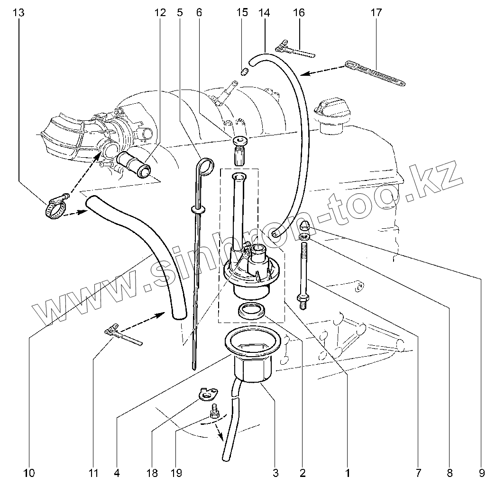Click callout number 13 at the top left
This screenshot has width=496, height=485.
click(18, 13)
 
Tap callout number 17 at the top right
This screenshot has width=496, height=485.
click(376, 13)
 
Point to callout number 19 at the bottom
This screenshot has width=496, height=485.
click(176, 472)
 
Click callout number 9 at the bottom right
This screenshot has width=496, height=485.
click(481, 472)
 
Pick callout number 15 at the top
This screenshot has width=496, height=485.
click(242, 13)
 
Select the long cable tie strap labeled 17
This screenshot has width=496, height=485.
click(375, 73)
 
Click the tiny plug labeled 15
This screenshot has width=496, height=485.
click(245, 72)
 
